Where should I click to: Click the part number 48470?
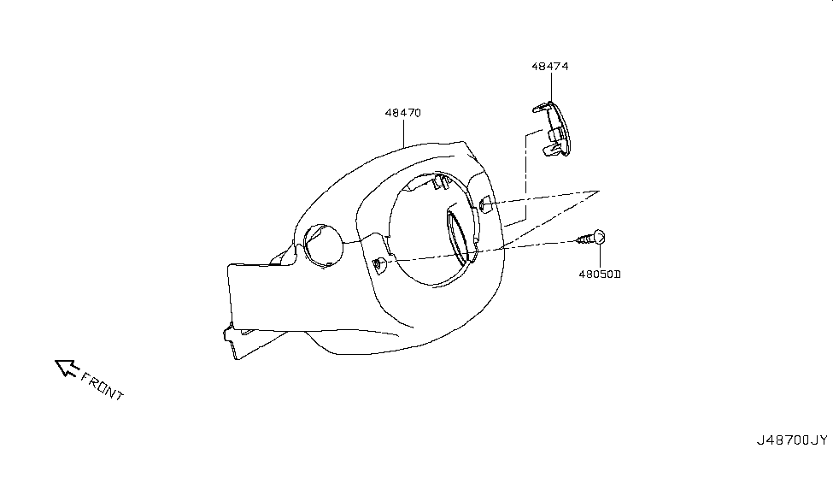[403, 113]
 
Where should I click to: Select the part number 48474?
[550, 67]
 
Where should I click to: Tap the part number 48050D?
[600, 274]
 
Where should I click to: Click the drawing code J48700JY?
[792, 440]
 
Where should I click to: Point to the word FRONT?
[102, 385]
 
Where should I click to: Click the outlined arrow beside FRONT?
[67, 368]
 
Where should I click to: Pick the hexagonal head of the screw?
[599, 236]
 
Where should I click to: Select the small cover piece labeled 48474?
[552, 129]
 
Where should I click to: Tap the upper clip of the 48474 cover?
[542, 108]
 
